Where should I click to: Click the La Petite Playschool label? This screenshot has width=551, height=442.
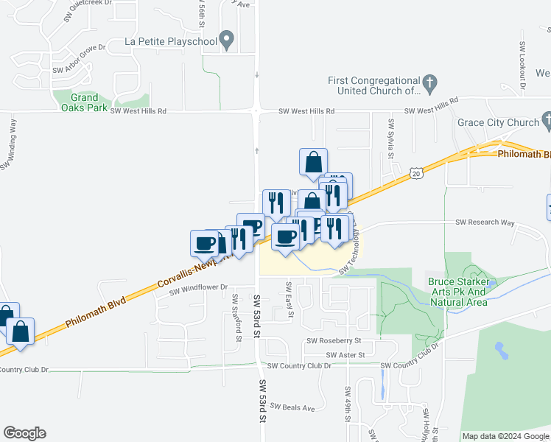point(171,41)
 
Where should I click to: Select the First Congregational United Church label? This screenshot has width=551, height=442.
point(373,85)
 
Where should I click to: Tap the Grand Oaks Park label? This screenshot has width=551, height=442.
point(85,102)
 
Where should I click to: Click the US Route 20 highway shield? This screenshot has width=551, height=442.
point(416,173)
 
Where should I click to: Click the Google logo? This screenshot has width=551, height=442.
point(24,433)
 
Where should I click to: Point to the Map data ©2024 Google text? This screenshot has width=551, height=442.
point(505,436)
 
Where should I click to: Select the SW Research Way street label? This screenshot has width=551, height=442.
point(485,222)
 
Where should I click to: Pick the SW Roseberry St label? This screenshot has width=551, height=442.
point(334,341)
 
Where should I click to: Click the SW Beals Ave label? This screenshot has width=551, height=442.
point(292,407)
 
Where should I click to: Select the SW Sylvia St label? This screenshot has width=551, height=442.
point(391,141)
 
